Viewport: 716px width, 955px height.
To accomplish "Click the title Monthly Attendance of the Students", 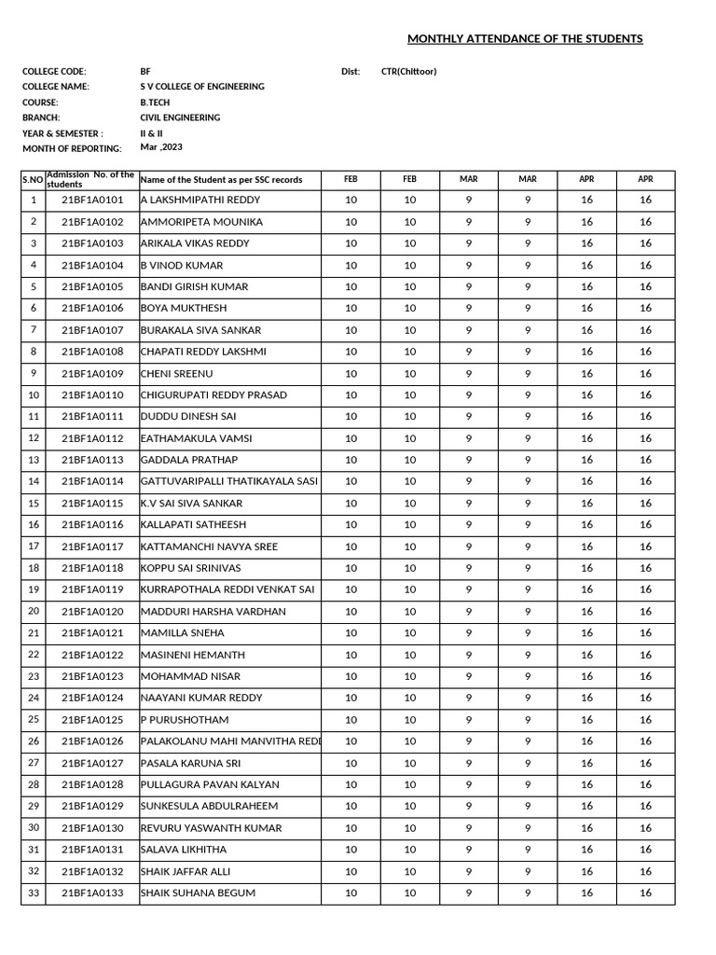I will (525, 39).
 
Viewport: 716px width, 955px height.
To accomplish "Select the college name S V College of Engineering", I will (201, 87).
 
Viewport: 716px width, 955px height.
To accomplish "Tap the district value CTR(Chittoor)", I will (408, 72).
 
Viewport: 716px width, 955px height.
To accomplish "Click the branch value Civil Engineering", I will (180, 118).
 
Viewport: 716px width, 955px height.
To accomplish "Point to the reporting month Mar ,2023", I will (162, 147).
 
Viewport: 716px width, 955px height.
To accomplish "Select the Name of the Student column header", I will (221, 179).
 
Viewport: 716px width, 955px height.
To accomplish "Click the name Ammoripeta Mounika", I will (201, 222).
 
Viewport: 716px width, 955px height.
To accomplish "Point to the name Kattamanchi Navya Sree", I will (209, 547).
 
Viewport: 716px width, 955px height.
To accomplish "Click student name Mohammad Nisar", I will (190, 676).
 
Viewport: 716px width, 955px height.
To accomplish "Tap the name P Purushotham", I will (184, 720).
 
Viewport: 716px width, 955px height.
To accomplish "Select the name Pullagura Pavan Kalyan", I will (210, 784).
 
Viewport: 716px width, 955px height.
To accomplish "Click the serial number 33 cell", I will (34, 893).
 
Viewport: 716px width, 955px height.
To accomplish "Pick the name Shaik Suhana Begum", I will (198, 893).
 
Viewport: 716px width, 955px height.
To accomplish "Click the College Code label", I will (54, 72).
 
